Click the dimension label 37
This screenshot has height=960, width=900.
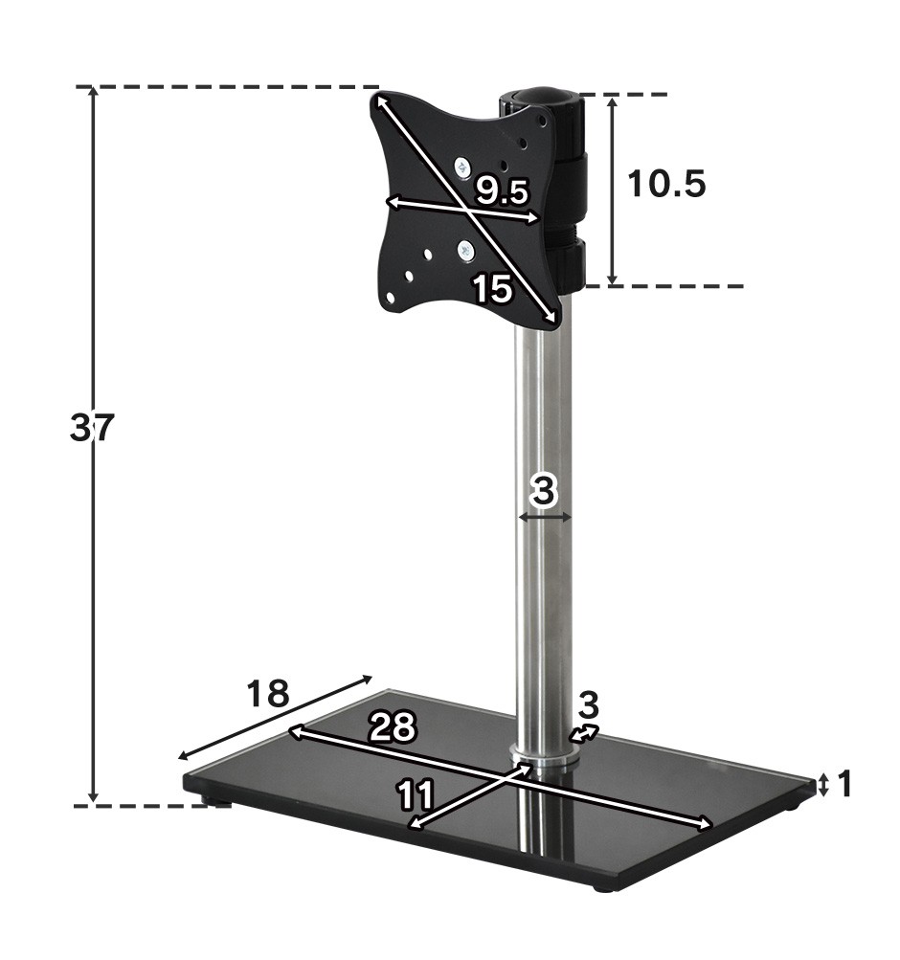[x=92, y=427]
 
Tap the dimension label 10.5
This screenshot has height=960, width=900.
[x=666, y=183]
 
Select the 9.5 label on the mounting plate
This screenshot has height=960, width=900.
[x=502, y=192]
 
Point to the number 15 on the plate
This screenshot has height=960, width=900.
[x=493, y=289]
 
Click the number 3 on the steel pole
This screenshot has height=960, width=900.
[x=544, y=491]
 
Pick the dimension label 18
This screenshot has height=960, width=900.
[x=267, y=694]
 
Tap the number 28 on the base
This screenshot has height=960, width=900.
[x=392, y=726]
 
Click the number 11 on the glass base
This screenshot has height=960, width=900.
[x=416, y=794]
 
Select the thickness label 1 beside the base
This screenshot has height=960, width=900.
[x=844, y=784]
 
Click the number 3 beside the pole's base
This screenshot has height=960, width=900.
[x=589, y=705]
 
